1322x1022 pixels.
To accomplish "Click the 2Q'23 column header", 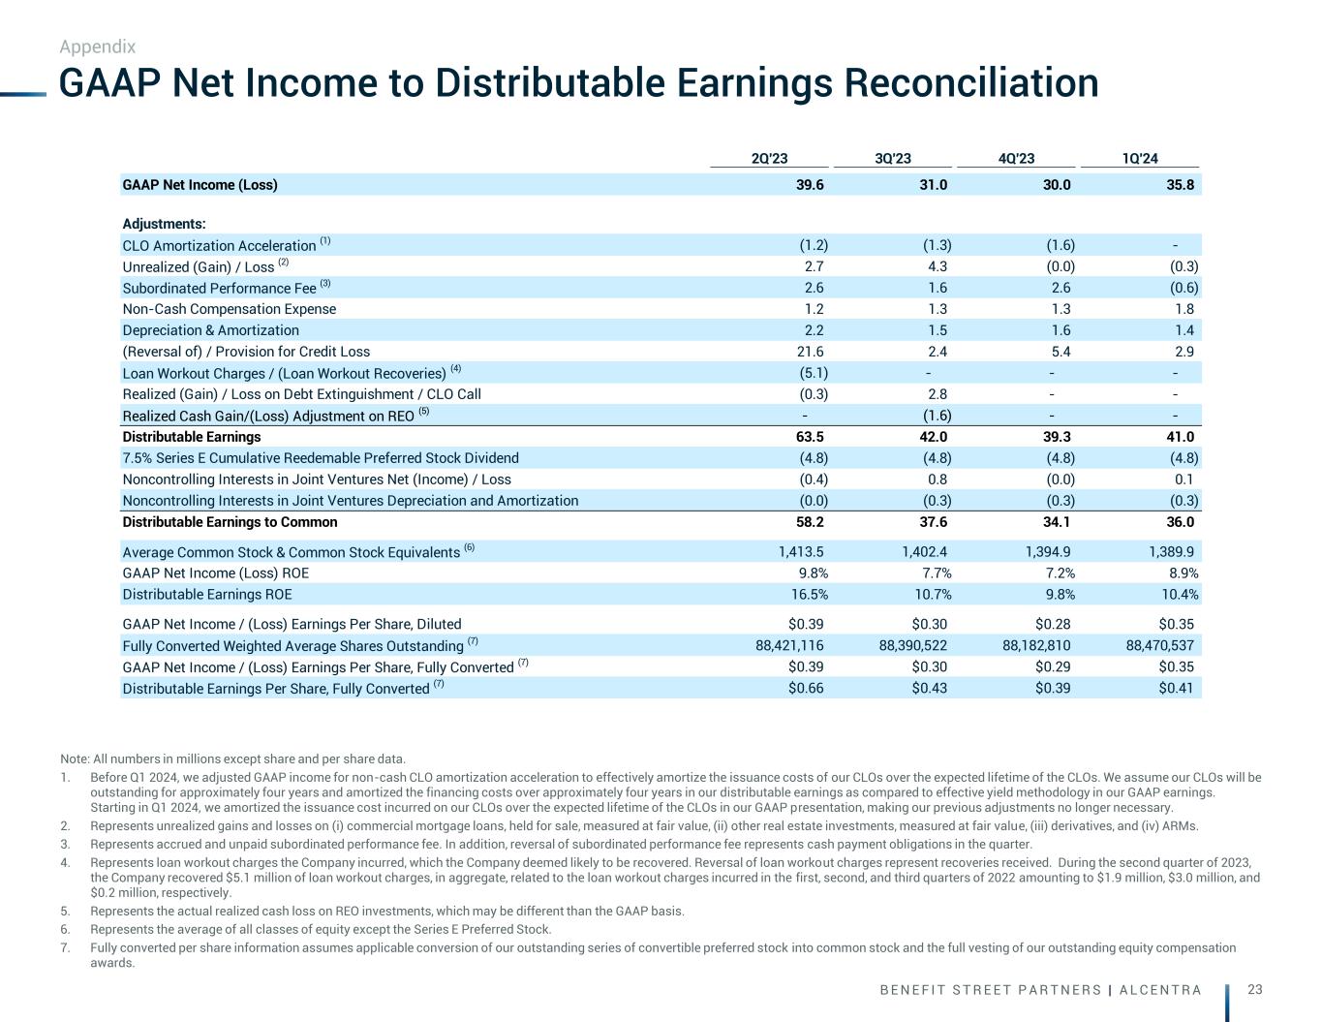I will [769, 159].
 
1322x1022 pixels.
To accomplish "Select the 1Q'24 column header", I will [1140, 159].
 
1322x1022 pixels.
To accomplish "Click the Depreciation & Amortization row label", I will [210, 330].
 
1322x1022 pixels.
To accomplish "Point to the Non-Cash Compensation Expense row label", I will [230, 309].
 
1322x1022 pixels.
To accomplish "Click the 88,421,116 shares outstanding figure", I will [789, 645].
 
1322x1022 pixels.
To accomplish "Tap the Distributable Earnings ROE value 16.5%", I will [805, 595].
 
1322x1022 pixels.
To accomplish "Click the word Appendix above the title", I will [97, 46].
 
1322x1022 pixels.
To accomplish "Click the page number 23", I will [1255, 989].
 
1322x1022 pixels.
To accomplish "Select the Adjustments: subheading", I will [164, 225].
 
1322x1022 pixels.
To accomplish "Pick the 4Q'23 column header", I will [1016, 159].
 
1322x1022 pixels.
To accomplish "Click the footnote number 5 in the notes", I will [64, 911].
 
